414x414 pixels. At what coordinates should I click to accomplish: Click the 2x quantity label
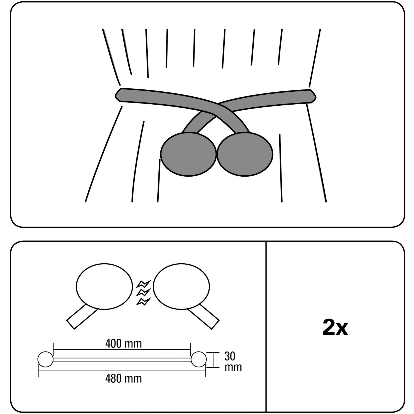click(335, 328)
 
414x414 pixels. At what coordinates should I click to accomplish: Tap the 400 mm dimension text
click(123, 344)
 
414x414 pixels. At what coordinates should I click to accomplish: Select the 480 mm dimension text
click(123, 378)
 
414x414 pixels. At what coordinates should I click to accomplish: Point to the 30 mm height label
click(233, 362)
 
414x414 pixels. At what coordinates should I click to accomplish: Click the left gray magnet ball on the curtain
click(188, 154)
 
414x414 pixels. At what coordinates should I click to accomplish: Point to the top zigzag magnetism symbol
click(144, 283)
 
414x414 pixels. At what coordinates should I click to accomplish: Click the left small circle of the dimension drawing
click(45, 359)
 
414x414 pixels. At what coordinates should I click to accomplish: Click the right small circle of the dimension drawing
click(198, 359)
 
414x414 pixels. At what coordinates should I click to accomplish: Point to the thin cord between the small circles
click(121, 359)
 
